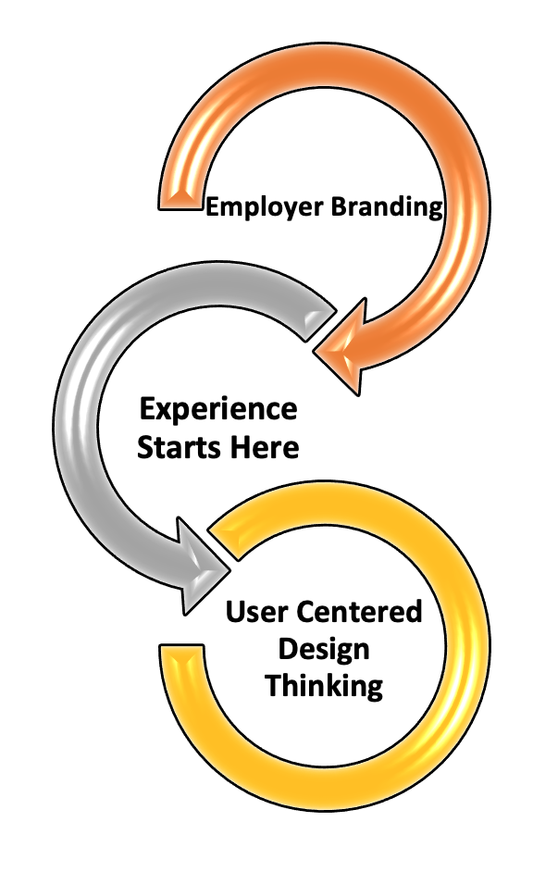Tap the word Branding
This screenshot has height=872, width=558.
(387, 206)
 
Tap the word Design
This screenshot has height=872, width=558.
(325, 648)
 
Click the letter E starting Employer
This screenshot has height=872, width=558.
(212, 206)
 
